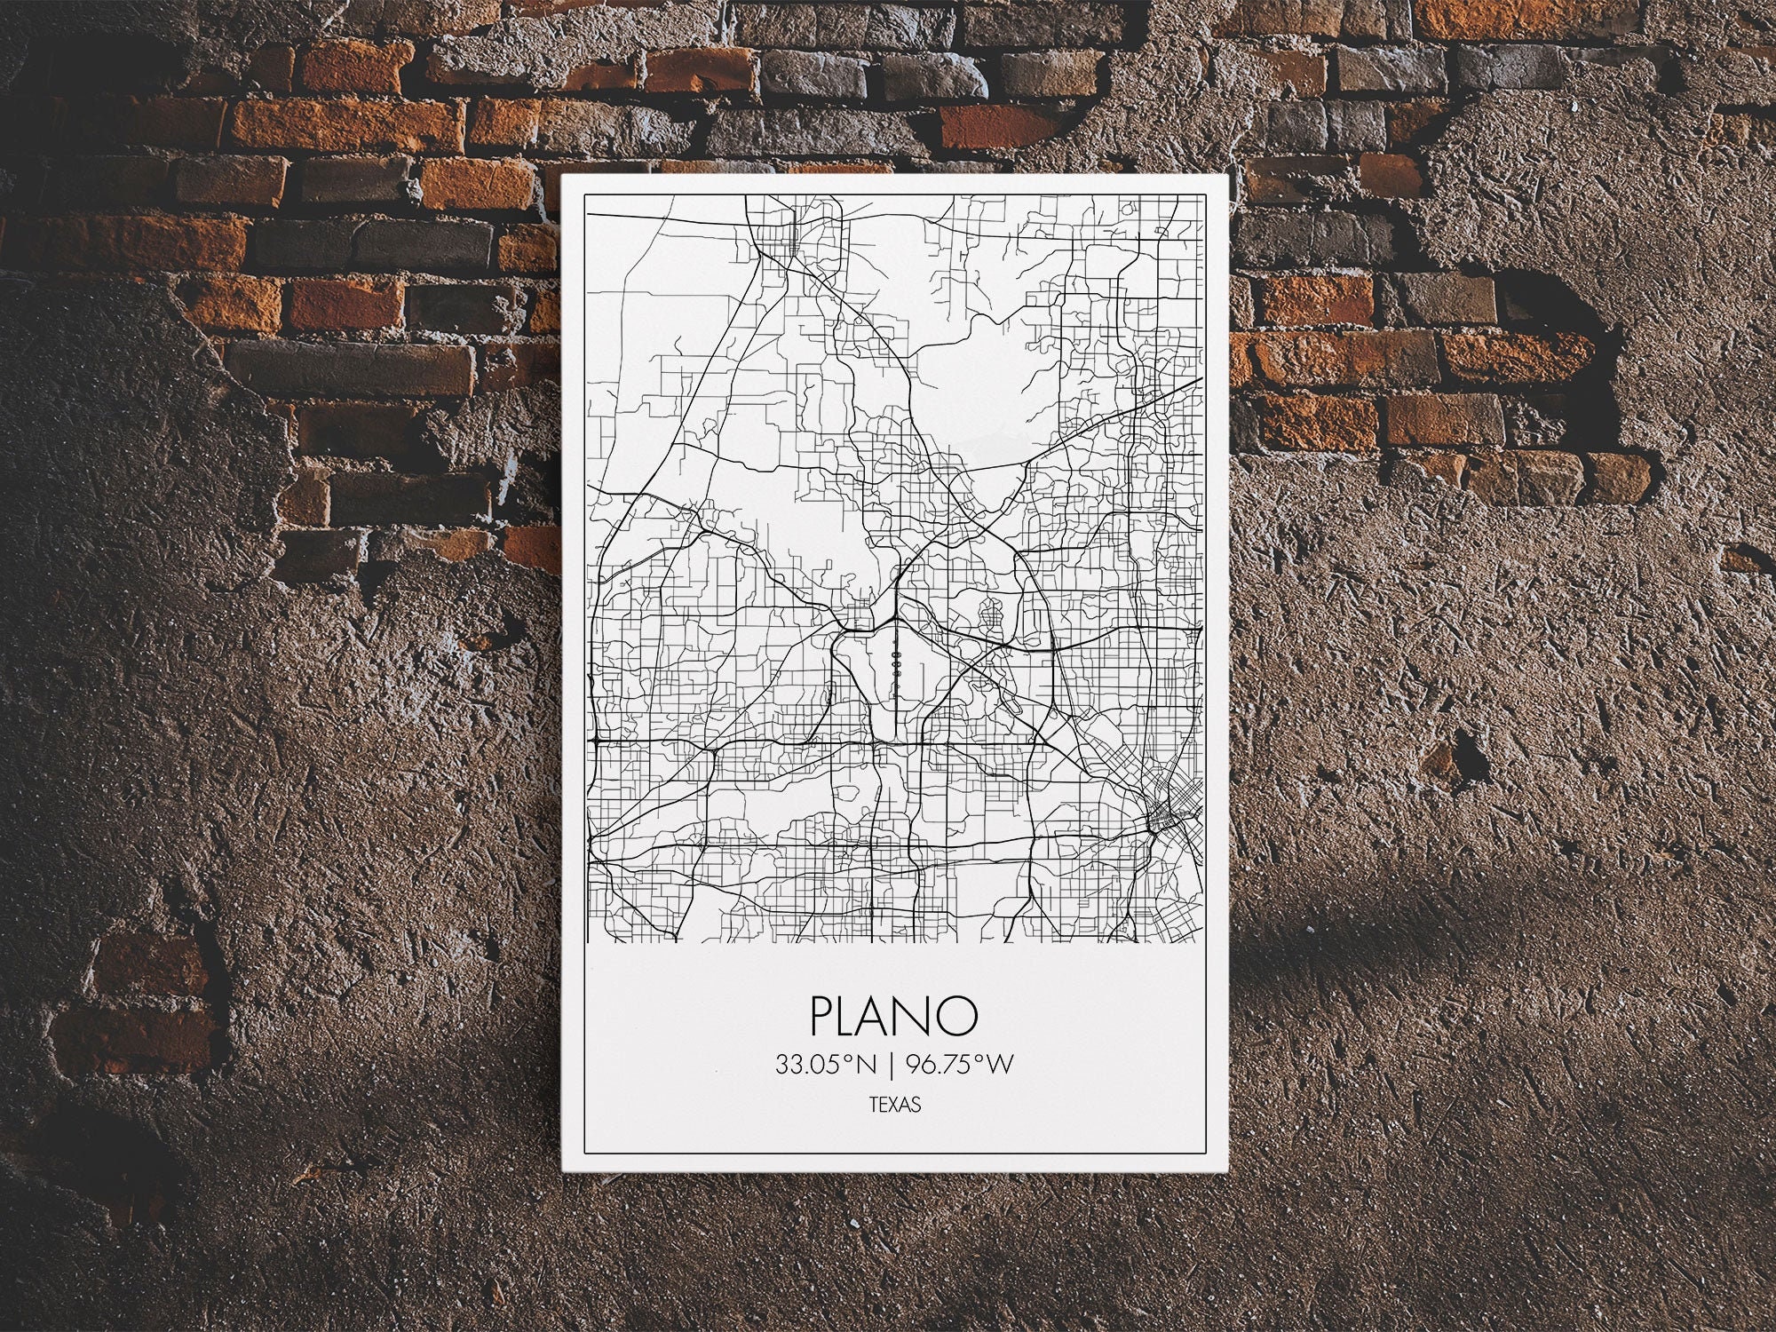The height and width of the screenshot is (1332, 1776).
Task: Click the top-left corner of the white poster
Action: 563,174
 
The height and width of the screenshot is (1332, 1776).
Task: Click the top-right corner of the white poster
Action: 1226,174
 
